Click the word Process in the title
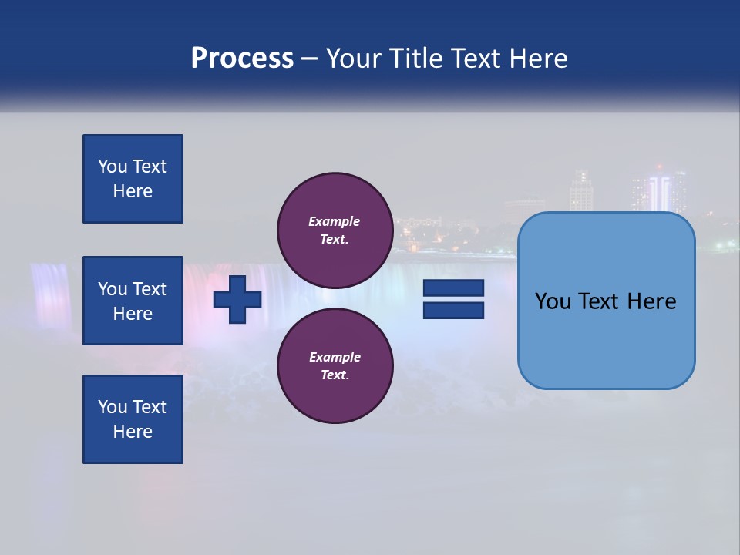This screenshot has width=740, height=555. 242,59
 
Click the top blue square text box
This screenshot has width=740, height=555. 133,179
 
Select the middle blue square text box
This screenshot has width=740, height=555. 133,301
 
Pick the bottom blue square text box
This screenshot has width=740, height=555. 133,419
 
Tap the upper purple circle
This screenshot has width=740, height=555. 335,230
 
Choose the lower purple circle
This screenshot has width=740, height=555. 335,365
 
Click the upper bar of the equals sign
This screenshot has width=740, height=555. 453,288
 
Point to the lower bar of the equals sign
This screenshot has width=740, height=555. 453,311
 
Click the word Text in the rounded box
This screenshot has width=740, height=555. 602,301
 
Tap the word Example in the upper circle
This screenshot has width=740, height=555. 334,221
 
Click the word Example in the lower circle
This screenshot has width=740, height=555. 334,357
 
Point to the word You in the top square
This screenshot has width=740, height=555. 112,166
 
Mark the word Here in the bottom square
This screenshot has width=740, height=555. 133,432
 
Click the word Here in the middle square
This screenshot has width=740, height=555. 133,314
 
